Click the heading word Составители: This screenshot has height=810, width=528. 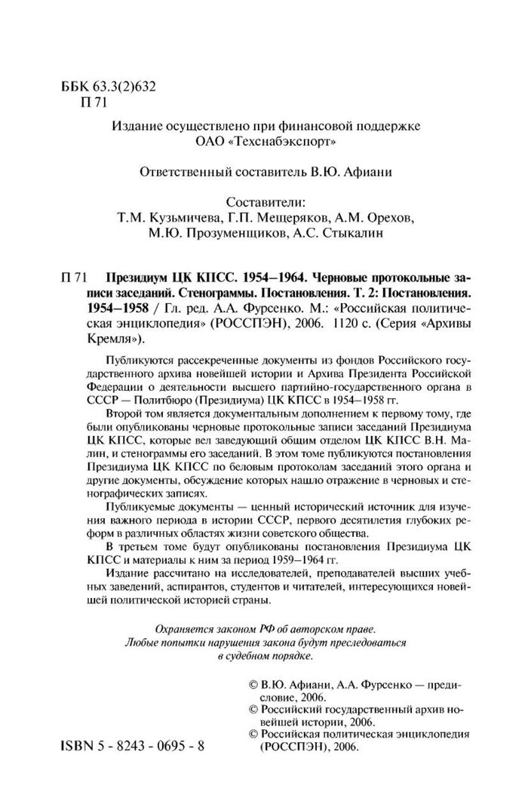(264, 201)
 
